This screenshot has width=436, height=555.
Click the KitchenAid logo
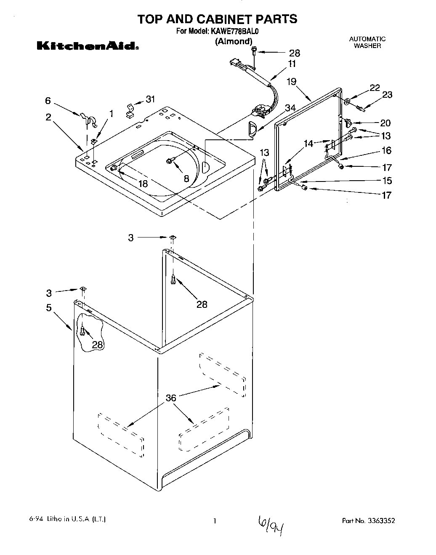(88, 46)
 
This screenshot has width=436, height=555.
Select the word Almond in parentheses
(234, 41)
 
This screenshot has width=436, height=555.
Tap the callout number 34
(290, 108)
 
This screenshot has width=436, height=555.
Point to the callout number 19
(292, 82)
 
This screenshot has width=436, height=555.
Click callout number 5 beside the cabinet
(49, 308)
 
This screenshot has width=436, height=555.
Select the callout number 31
(150, 99)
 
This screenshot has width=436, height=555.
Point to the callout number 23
(386, 95)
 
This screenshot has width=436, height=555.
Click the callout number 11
(292, 64)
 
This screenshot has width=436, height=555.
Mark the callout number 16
(386, 150)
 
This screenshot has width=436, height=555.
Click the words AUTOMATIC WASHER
(367, 42)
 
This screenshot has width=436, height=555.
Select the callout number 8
(186, 178)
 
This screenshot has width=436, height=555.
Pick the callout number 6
(48, 101)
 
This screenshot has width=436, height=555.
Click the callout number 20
(385, 123)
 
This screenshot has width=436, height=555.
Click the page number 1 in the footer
(215, 521)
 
